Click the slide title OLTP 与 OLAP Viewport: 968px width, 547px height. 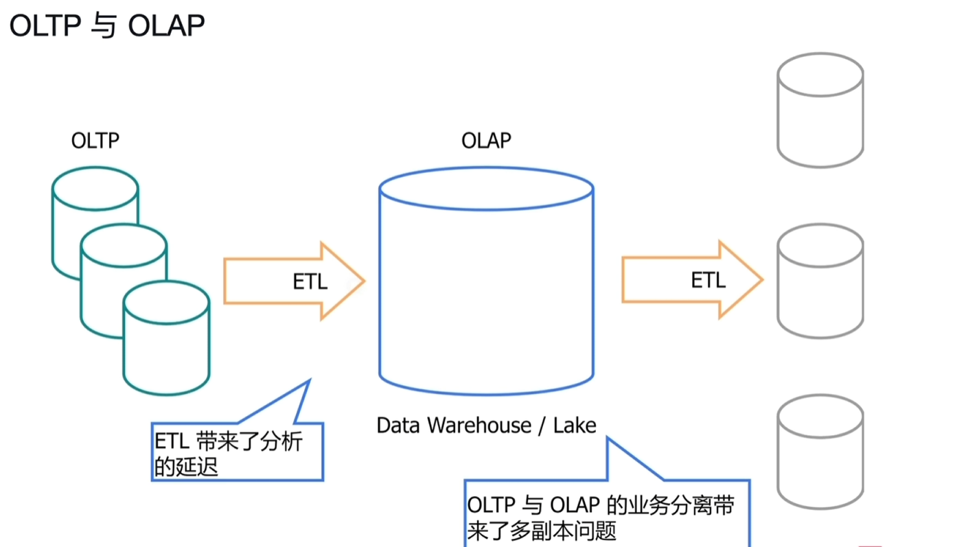107,25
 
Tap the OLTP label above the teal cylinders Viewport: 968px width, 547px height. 95,141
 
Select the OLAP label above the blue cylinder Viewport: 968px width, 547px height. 486,141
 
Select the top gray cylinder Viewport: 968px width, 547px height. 820,110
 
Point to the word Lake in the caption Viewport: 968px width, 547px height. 575,425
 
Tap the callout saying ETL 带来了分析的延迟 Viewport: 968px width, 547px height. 237,452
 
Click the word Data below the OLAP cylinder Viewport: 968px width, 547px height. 398,425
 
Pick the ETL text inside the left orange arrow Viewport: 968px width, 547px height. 310,281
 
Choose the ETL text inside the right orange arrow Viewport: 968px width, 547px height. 708,280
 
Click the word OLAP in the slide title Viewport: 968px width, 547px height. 167,25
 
